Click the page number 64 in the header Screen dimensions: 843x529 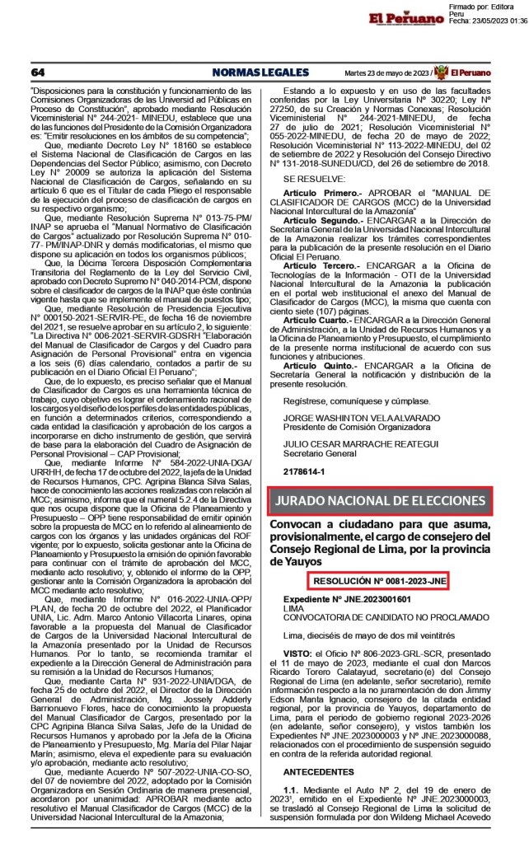[37, 72]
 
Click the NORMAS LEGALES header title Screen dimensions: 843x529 [251, 72]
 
